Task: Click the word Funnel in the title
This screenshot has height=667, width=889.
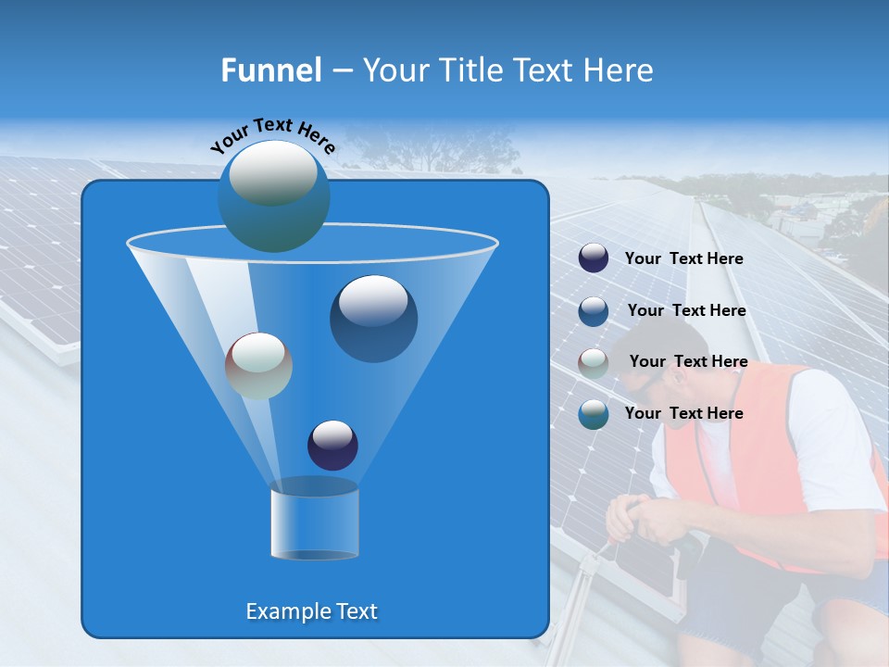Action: pos(270,70)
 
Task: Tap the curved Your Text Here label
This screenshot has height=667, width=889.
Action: pos(272,134)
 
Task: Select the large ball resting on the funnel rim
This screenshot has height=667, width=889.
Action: pos(273,195)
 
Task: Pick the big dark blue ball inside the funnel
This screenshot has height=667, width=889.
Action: pos(373,318)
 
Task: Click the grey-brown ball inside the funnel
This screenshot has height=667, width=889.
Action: pos(258,366)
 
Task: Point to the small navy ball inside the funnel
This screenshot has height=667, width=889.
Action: pos(332,445)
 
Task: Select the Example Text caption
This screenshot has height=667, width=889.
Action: pos(311,611)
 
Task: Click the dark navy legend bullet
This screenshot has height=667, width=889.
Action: pos(594,258)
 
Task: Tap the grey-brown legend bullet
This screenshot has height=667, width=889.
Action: pos(594,362)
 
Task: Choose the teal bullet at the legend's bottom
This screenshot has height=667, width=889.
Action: pos(594,414)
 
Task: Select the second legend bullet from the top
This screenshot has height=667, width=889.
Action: pos(594,310)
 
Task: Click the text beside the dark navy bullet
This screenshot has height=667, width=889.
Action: pos(683,258)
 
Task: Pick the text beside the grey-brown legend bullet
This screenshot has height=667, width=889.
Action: pos(688,361)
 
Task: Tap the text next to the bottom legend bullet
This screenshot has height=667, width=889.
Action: pos(683,413)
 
